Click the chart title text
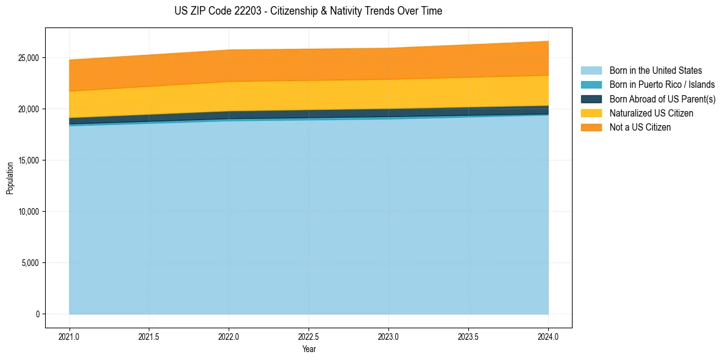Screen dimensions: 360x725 (309, 11)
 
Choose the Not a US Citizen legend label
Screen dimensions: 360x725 (640, 128)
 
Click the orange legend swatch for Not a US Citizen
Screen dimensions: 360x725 (591, 128)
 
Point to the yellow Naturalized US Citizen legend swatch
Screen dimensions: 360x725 (591, 113)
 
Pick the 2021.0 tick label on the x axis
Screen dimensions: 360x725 (70, 336)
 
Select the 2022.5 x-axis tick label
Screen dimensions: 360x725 (309, 336)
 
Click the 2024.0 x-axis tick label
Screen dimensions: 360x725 (548, 336)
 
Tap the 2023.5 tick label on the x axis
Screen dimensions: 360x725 (468, 336)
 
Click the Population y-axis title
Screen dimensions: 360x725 (10, 178)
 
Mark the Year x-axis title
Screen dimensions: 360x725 (309, 349)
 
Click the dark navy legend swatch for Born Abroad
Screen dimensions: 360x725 (591, 99)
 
